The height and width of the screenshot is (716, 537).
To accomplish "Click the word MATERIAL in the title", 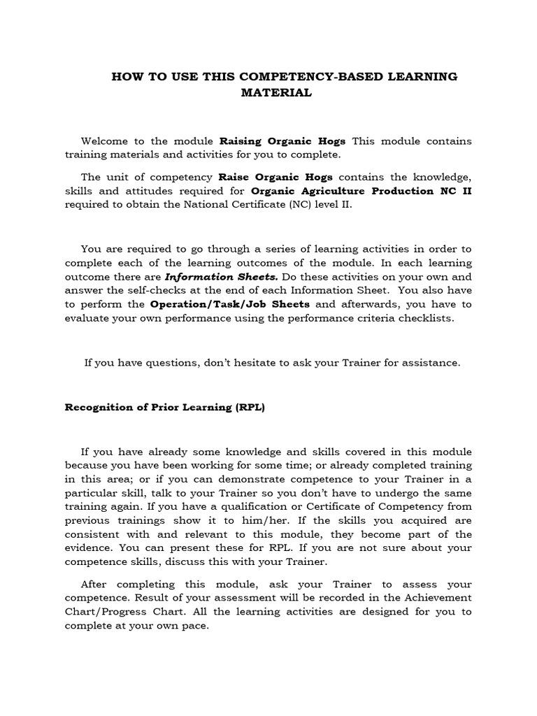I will click(276, 93).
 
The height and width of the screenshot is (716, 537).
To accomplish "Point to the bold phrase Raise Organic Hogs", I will click(275, 178).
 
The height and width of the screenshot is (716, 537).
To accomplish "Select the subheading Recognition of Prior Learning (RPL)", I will click(165, 408).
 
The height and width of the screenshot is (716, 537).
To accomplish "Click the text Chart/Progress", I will click(103, 612).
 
